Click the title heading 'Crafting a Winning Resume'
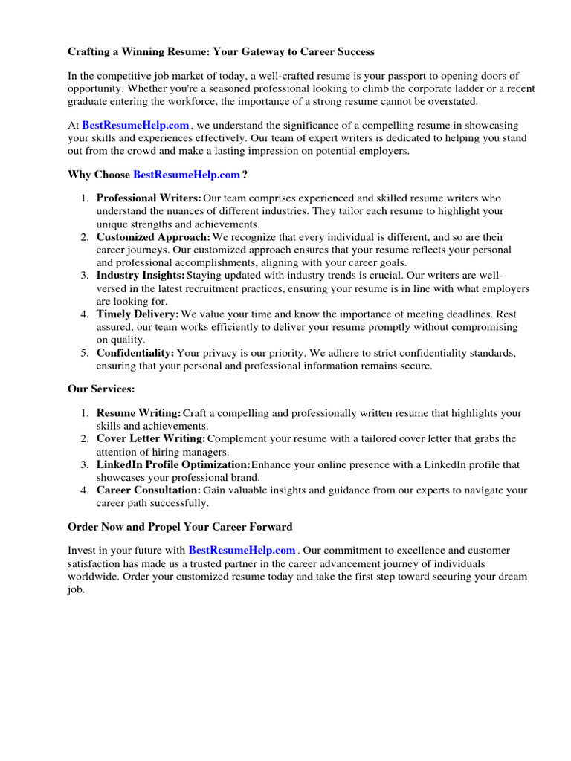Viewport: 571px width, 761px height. point(221,52)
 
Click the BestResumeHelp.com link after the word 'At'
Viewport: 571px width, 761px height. point(135,126)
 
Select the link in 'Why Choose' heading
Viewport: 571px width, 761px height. point(187,175)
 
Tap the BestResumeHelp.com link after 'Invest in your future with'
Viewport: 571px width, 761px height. point(242,551)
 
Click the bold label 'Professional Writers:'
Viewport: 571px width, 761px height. point(149,198)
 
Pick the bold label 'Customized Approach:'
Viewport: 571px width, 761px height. point(154,237)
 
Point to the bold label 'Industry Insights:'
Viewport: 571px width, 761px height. point(141,276)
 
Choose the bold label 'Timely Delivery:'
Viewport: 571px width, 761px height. point(138,314)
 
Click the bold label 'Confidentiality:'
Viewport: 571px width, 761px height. point(135,353)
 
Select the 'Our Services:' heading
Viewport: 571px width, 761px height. point(101,389)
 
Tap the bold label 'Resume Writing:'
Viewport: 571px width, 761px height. point(138,413)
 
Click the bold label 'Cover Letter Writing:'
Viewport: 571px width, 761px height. point(151,438)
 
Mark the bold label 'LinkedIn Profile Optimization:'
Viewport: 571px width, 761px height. point(173,464)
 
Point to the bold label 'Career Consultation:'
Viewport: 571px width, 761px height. point(149,490)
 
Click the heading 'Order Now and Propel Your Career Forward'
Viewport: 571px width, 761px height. point(180,526)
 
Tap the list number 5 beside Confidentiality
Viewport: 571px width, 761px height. point(85,353)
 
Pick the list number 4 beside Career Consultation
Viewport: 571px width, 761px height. point(85,490)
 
